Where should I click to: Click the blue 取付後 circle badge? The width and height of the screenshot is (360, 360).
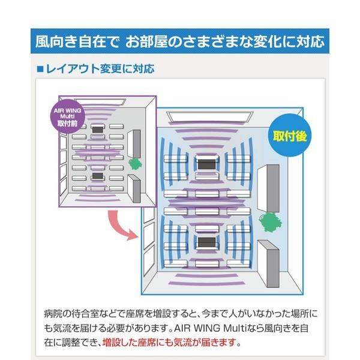tap(290, 136)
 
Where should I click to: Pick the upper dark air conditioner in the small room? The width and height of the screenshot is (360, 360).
tap(97, 128)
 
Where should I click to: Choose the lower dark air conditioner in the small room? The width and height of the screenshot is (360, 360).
tap(97, 176)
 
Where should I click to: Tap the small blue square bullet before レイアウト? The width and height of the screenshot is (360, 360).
tap(40, 69)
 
